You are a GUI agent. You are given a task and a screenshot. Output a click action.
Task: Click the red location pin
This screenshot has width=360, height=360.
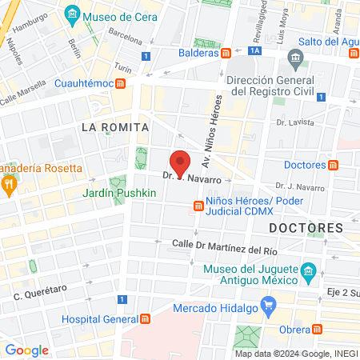tap(182, 162)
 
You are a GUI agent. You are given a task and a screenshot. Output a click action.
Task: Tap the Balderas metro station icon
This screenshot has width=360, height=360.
tap(226, 53)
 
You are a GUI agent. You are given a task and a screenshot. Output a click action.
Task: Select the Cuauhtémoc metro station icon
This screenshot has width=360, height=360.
tap(119, 82)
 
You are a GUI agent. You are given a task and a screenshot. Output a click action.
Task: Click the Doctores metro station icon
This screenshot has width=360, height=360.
tap(334, 165)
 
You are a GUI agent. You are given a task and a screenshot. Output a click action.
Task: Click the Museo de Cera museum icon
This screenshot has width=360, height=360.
tap(73, 14)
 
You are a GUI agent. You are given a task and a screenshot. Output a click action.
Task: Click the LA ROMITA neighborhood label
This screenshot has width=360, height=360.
tap(115, 126)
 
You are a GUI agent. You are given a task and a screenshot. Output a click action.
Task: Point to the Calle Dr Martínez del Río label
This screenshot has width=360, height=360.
tap(218, 246)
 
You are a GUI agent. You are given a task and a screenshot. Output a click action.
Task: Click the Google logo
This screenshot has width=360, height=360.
tap(26, 350)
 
